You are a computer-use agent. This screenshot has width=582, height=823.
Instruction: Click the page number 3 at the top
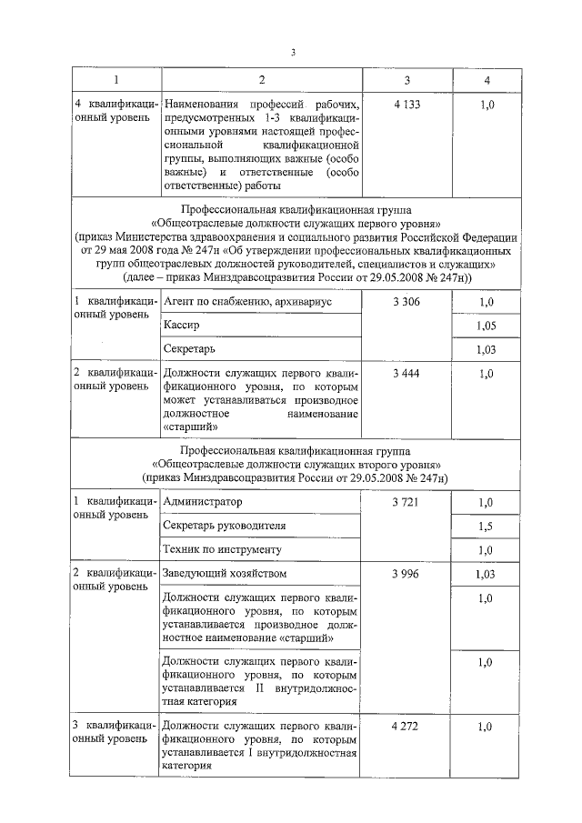click(x=293, y=52)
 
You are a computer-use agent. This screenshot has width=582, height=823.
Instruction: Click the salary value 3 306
click(x=406, y=301)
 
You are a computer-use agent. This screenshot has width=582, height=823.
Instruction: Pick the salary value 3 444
click(x=406, y=373)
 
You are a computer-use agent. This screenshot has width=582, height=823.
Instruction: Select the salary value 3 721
click(x=406, y=502)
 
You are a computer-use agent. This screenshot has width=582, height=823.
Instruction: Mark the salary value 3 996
click(x=406, y=574)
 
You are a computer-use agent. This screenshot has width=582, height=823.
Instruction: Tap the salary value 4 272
click(x=406, y=728)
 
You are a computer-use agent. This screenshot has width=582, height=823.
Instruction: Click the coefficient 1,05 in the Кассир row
click(x=487, y=326)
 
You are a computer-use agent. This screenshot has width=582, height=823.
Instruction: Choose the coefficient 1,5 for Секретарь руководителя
click(x=487, y=527)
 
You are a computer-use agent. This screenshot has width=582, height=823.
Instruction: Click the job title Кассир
click(x=181, y=325)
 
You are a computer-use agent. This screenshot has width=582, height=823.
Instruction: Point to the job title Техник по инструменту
click(x=222, y=550)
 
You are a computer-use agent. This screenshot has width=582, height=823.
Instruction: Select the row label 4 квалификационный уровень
click(x=114, y=113)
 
